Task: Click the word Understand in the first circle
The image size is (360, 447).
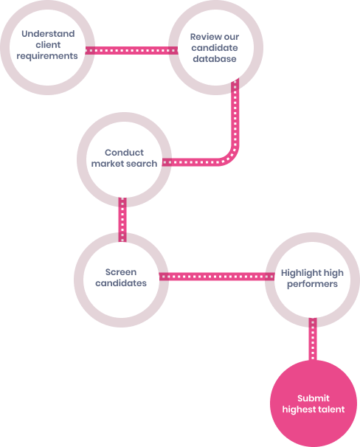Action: point(48,34)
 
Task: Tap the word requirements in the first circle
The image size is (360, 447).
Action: point(47,56)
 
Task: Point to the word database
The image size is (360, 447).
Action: point(215,59)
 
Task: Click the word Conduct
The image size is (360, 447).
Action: point(124,153)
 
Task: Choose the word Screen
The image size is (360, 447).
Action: point(121,272)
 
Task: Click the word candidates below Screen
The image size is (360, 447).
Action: point(121,283)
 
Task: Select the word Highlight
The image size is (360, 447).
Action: point(300,273)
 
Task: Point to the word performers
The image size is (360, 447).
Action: point(312,284)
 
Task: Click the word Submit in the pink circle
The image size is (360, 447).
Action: point(314,398)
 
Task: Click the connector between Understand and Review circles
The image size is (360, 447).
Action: point(131,50)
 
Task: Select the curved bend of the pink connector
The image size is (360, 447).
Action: point(230,156)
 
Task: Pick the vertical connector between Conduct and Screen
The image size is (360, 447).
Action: point(122,220)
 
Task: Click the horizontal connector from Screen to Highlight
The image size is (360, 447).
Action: point(217,277)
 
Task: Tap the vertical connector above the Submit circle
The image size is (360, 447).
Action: point(313,339)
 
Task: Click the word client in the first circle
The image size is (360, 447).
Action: point(48,45)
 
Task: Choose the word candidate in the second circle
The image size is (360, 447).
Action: point(215,48)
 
